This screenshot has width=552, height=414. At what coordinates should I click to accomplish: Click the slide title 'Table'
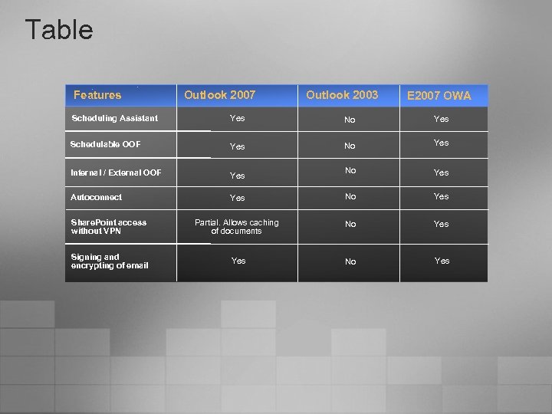59,30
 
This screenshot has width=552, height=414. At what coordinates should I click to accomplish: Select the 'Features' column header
97,95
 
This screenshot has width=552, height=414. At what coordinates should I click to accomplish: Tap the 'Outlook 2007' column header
219,95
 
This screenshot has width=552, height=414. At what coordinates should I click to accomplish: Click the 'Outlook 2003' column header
342,95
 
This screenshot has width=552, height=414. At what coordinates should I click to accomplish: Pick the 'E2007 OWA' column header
439,96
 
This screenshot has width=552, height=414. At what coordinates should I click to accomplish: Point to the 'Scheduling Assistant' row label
115,118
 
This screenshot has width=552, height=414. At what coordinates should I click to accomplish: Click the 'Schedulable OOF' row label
106,144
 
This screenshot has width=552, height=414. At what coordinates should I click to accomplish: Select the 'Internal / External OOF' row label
117,172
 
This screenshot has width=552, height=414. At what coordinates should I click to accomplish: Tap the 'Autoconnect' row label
97,197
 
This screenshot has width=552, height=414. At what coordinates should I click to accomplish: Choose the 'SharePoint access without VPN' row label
109,226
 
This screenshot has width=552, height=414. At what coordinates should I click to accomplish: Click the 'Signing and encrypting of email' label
110,261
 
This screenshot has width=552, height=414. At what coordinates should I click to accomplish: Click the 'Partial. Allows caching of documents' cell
237,226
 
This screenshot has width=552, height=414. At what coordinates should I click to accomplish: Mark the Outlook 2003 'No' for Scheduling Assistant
350,120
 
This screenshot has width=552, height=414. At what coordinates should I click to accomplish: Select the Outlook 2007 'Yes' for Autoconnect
238,198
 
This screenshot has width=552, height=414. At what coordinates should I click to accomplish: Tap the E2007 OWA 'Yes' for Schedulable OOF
441,143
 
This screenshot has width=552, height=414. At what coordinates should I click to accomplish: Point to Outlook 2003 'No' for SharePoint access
350,224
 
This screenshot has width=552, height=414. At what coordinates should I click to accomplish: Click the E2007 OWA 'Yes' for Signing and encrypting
442,261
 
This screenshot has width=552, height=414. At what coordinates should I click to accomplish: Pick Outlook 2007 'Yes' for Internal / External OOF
238,176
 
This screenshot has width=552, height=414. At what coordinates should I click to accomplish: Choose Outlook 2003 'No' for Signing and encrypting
350,261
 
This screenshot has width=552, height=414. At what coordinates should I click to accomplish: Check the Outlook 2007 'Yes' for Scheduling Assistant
238,118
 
